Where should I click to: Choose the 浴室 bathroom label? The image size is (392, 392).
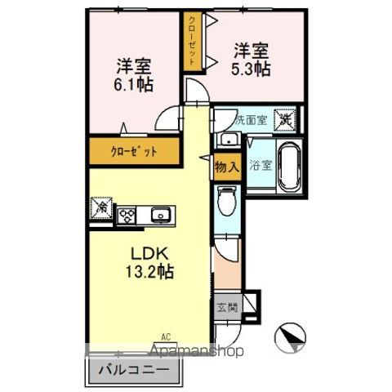click(261, 163)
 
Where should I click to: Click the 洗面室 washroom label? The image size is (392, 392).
click(252, 119)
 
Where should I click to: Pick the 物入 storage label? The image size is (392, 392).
click(226, 167)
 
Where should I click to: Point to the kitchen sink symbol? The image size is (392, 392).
click(159, 216)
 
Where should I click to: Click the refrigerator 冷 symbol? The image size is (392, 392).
click(104, 208)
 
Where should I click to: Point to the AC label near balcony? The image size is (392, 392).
click(166, 336)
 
